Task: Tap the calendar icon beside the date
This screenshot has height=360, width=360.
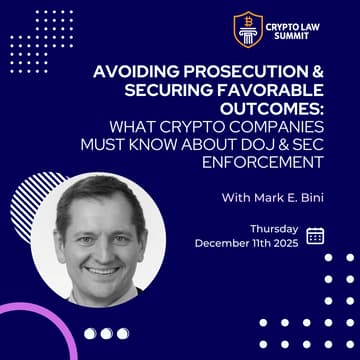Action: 315,235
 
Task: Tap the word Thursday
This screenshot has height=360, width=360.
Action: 274,228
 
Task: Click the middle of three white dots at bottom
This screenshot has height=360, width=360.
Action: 105,334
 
